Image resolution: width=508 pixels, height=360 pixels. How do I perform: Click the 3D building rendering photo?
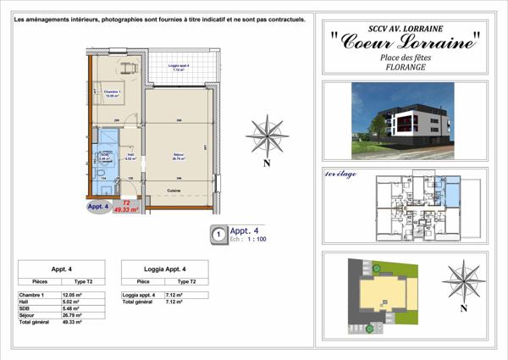403,119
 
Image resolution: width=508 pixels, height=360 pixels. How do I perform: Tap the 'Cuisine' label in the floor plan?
175,191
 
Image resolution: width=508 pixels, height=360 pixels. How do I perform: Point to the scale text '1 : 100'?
255,240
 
